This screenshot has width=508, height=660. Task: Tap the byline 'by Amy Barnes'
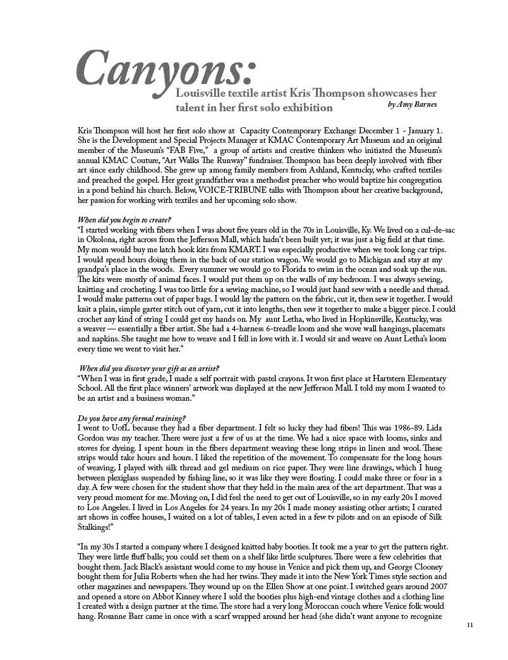411,104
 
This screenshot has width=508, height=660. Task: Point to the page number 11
469,625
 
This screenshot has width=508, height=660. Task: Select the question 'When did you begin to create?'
120,219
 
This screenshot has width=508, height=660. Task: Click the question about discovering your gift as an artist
149,369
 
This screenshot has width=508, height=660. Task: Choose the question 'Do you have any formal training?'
131,419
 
